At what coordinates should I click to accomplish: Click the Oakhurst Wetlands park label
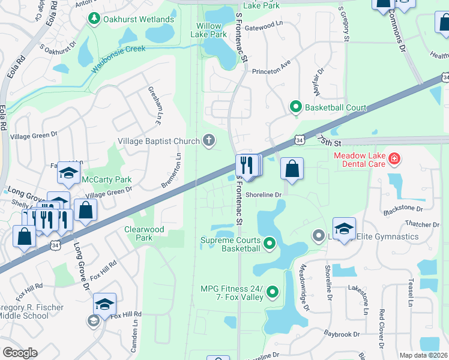[139, 19]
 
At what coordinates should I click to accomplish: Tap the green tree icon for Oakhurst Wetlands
[94, 19]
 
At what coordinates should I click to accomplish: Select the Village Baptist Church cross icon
[208, 140]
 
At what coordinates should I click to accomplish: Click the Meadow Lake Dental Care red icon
[394, 159]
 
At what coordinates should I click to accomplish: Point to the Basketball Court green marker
[295, 107]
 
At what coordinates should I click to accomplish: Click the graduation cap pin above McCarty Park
[69, 173]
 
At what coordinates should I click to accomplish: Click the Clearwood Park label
[143, 233]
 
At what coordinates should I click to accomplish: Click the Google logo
[19, 353]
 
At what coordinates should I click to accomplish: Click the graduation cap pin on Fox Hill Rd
[104, 305]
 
